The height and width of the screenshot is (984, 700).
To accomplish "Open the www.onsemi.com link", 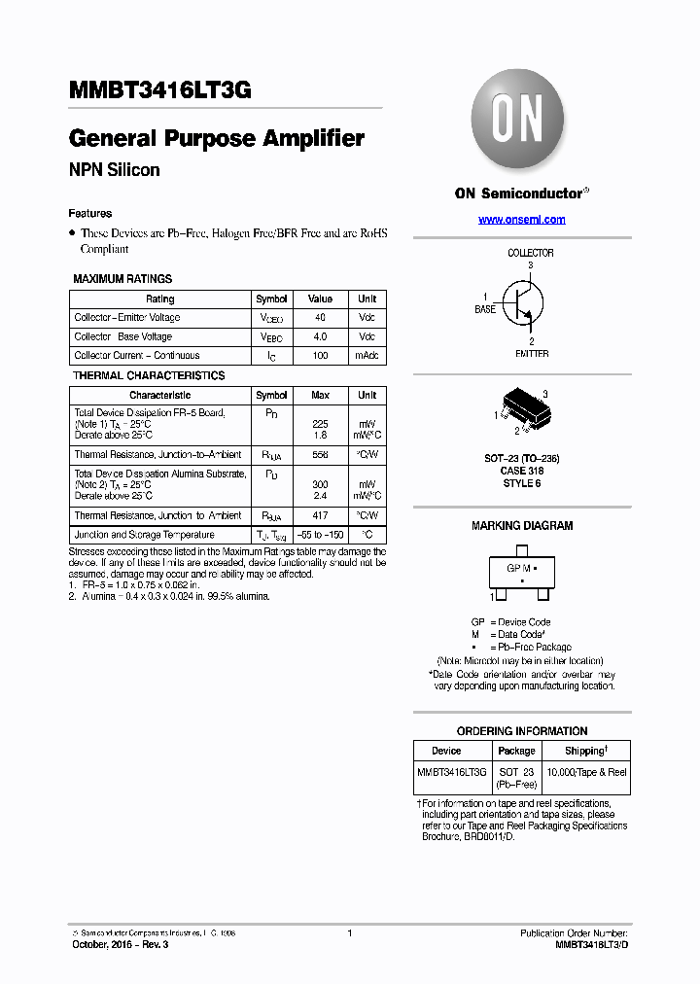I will coord(521,220).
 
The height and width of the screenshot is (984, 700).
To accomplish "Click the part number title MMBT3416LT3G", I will coord(160,90).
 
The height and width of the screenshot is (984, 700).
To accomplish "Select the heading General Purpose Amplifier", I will coord(217,139).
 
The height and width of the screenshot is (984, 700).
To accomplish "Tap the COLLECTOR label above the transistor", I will coord(531,253).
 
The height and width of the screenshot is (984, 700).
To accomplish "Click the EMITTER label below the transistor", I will coord(531,354).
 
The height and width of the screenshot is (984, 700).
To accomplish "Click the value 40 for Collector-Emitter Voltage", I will coord(320,318).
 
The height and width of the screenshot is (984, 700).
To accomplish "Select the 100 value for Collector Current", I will coord(320,356).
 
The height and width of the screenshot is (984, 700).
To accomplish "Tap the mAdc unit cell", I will coord(367,356).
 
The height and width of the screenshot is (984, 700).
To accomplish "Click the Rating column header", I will coord(159,299).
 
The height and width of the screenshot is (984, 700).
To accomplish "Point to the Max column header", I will coord(320,396).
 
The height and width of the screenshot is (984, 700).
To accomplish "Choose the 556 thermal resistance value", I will coord(320,455).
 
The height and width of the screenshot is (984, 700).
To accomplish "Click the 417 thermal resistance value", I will coord(320,516).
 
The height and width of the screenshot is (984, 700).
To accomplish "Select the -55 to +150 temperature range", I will coord(320,535).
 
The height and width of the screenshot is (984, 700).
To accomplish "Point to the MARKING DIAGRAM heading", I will coord(522,526).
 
